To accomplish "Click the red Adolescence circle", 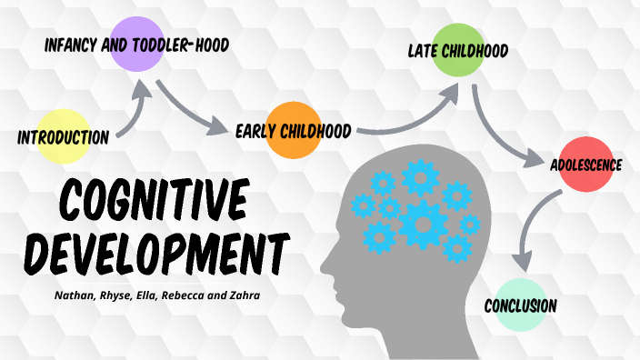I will [x=583, y=165].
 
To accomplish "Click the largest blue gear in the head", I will [x=425, y=221].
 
